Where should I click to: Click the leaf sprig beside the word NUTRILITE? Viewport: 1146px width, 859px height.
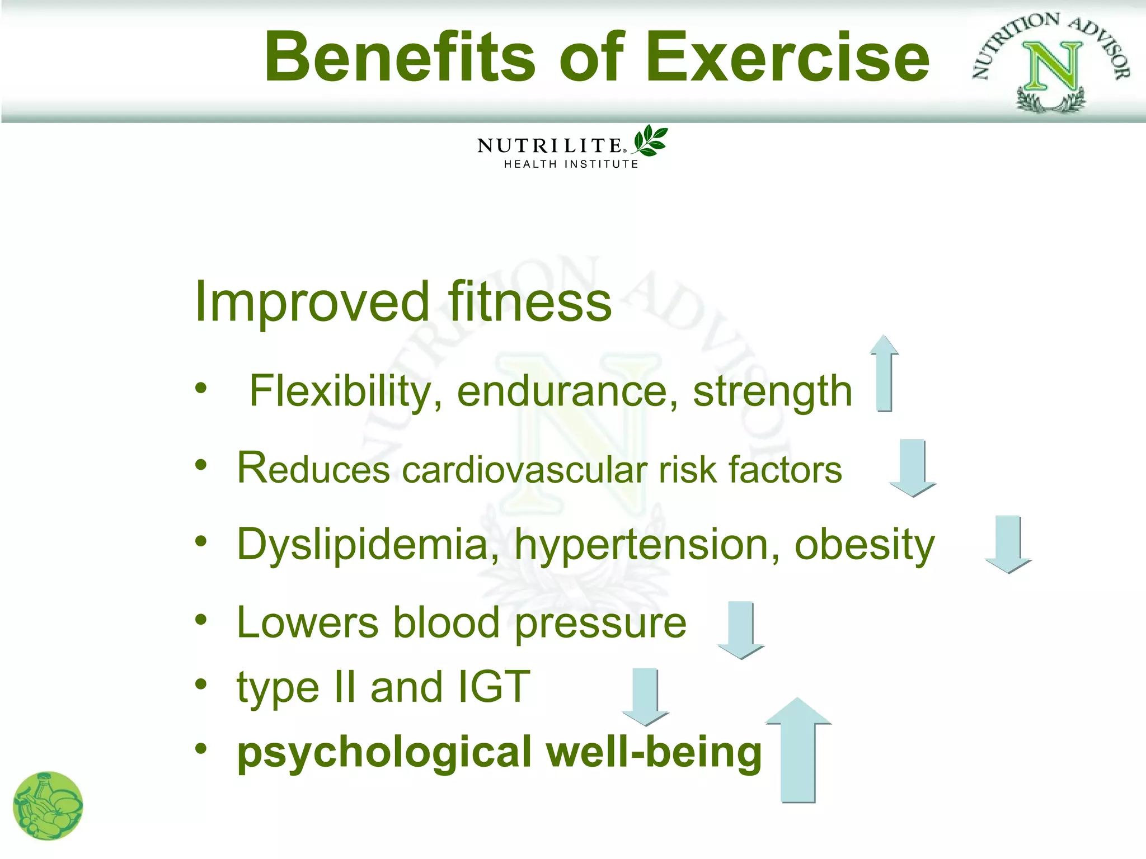[650, 140]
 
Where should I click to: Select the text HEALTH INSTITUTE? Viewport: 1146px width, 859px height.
[571, 164]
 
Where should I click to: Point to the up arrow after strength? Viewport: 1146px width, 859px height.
[884, 374]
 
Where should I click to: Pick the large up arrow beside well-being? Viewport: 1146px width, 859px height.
[799, 749]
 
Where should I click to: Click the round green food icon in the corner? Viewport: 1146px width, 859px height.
[48, 806]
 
